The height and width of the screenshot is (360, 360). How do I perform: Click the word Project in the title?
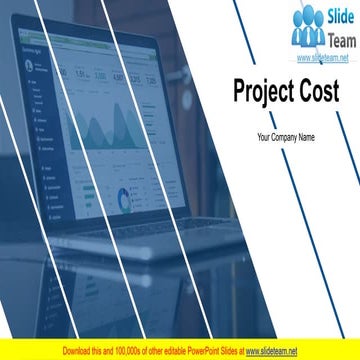[262, 91]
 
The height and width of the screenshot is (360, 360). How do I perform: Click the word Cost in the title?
[318, 91]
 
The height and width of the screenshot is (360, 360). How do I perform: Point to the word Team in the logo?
[337, 39]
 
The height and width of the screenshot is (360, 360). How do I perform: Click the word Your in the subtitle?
[265, 136]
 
